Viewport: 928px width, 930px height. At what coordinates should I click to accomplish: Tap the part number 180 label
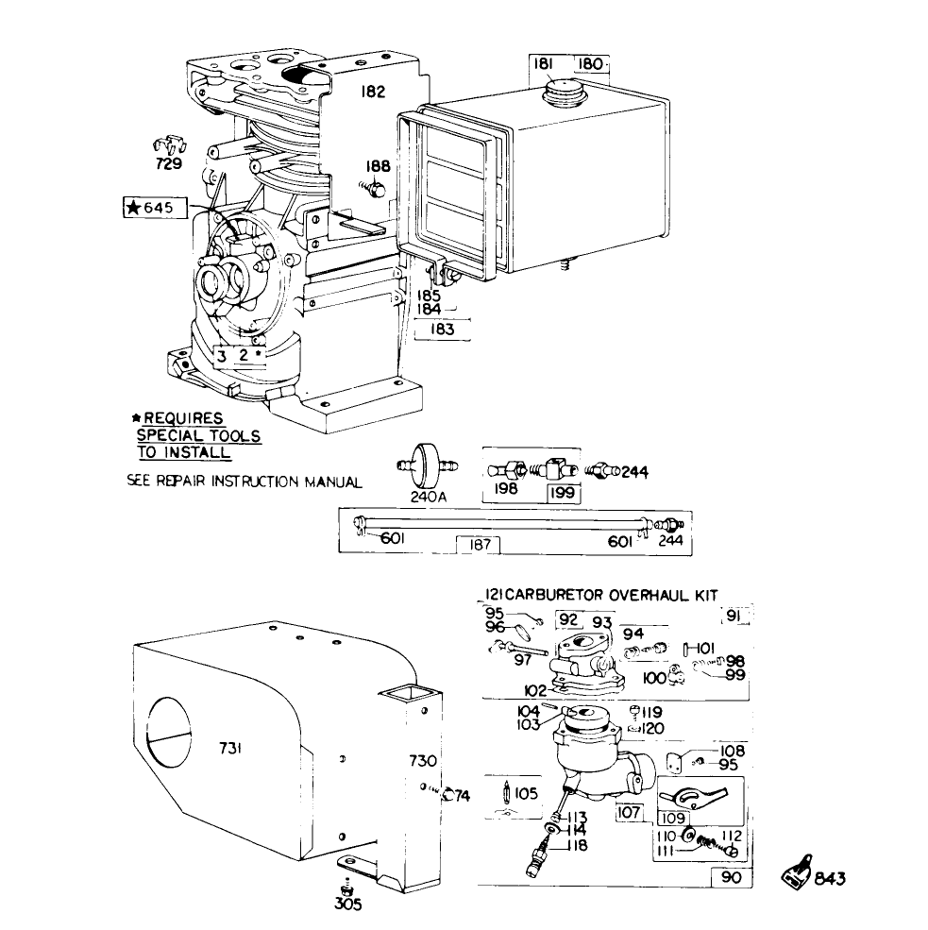[x=590, y=64]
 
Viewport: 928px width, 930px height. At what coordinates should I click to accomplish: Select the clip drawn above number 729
[x=167, y=145]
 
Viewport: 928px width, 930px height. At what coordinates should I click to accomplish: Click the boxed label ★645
[x=155, y=207]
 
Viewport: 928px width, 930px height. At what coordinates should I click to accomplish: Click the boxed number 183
[x=442, y=329]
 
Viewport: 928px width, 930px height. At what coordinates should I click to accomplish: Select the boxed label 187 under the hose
[x=478, y=544]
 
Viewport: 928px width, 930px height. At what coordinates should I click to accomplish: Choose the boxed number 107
[x=629, y=811]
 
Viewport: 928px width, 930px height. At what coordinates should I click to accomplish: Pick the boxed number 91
[x=734, y=617]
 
